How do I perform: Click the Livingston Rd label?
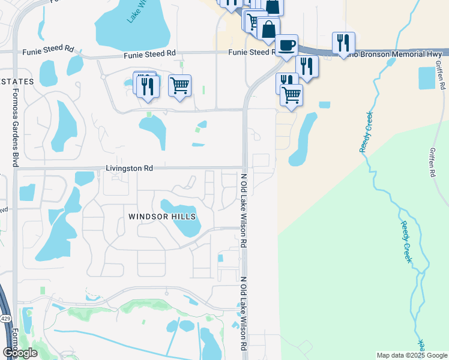129,169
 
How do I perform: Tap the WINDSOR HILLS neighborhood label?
162,215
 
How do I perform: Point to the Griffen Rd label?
432,162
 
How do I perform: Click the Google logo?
19,352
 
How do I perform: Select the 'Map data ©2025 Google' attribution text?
412,355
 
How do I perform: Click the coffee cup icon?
286,45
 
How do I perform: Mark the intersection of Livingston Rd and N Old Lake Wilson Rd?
244,168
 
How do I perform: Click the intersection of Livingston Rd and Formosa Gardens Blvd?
16,169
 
